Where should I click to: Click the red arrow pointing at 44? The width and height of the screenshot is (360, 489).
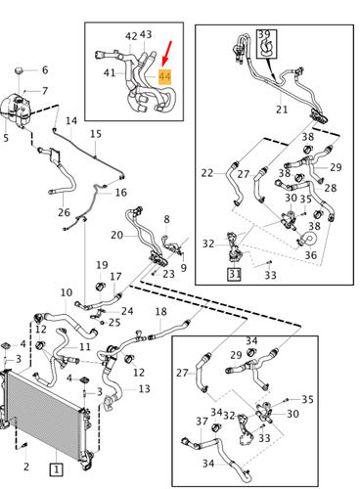point(166,53)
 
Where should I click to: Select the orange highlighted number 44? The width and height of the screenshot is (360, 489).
point(164,77)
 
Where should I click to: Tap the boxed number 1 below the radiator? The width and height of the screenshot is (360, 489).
point(56,469)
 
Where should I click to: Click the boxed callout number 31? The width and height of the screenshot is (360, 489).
point(234,274)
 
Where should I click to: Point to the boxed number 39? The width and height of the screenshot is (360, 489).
point(264,34)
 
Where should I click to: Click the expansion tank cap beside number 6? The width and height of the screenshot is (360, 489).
point(20,70)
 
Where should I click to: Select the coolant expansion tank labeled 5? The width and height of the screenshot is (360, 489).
point(15,110)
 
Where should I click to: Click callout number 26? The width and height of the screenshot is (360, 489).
point(64,212)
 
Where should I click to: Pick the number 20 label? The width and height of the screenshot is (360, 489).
point(116,235)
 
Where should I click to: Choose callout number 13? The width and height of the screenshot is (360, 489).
point(144,388)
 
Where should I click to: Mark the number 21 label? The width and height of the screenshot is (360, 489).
point(282,110)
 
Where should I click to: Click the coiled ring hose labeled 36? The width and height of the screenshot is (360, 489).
point(308,239)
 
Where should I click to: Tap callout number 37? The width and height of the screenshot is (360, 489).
point(202,422)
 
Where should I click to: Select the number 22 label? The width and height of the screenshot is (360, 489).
point(207,173)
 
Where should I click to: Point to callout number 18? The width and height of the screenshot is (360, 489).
point(160,312)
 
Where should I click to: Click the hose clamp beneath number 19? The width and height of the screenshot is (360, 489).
point(101,287)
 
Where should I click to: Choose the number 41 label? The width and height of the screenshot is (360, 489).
point(110,72)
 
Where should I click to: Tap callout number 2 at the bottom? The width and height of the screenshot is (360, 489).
point(26,467)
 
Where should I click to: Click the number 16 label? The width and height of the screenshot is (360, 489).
point(121,193)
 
